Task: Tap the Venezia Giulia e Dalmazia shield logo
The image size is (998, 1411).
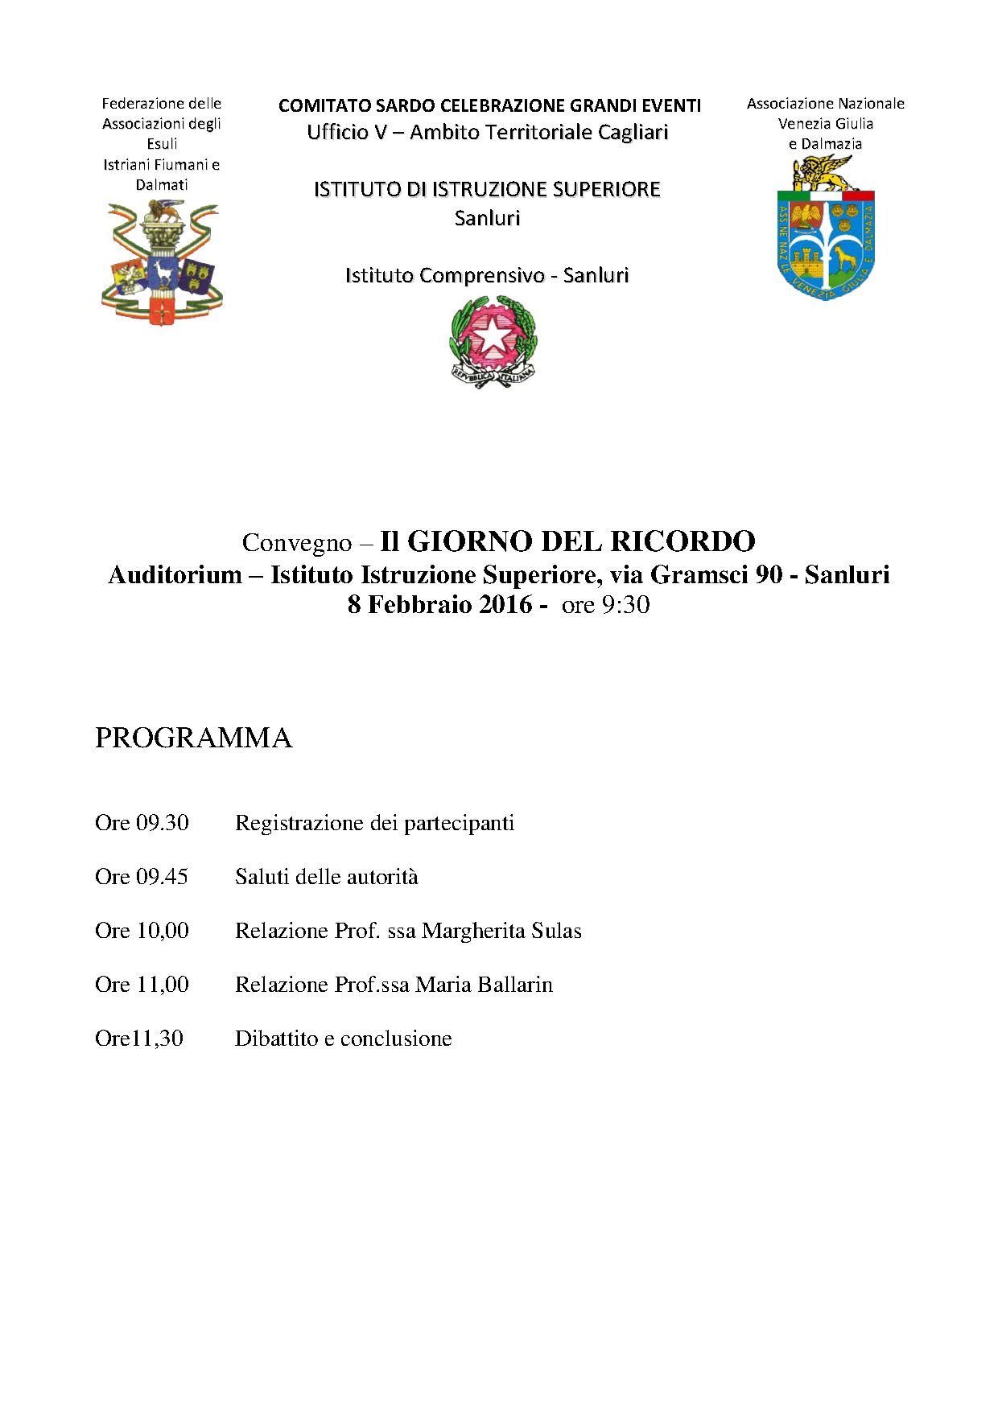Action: point(825,229)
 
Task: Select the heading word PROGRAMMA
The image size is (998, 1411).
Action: point(193,738)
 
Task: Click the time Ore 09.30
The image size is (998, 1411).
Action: point(142,823)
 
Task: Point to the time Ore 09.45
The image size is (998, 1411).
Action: point(142,877)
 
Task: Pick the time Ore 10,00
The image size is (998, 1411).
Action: point(142,931)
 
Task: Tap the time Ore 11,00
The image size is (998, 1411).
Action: point(142,985)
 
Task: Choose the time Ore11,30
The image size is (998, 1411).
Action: point(139,1039)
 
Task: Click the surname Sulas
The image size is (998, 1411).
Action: point(557,931)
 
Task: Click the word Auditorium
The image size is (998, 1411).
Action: point(175,575)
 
